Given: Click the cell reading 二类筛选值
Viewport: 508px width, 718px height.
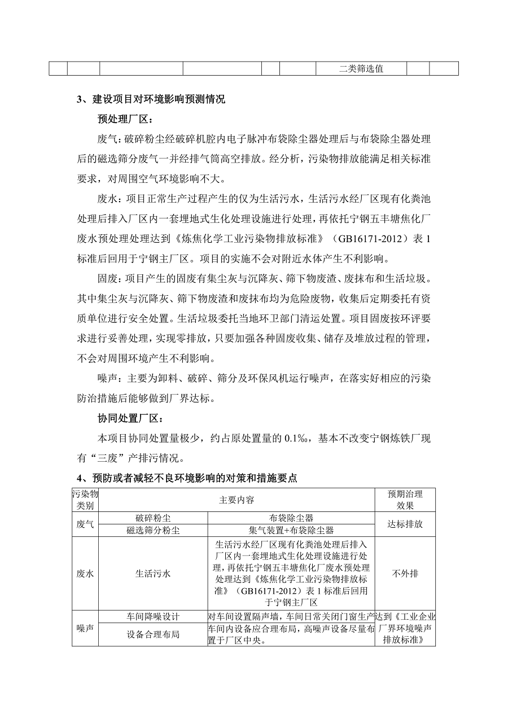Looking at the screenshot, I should [361, 69].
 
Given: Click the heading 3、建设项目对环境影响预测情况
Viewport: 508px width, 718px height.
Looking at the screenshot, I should [151, 100].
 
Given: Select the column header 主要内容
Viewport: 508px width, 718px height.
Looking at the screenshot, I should [237, 500].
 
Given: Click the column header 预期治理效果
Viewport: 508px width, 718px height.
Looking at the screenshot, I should [405, 500].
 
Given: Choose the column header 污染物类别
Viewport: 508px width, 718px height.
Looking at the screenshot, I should [85, 500].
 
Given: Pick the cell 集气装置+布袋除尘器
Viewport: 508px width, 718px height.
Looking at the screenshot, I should [291, 530].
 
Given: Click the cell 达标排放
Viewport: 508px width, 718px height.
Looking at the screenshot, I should [405, 524].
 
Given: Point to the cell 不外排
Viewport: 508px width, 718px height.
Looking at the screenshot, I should [405, 573].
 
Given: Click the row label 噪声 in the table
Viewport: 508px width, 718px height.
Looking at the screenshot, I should [85, 628].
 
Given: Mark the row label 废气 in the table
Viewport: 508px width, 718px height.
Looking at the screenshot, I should [85, 524].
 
